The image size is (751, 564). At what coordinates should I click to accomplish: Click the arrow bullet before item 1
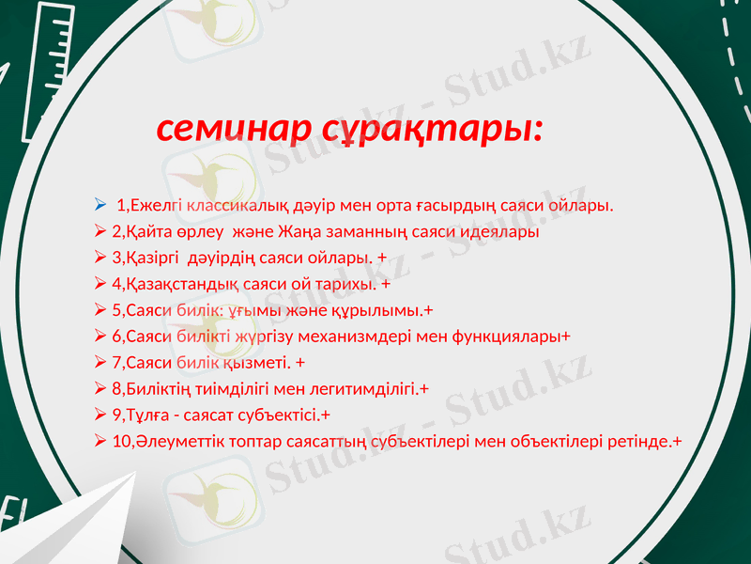tap(100, 205)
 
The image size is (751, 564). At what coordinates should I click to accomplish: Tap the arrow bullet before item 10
tap(100, 441)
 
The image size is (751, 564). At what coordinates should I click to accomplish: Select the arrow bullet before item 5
tap(100, 309)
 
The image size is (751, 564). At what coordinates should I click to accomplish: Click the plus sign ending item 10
tap(677, 441)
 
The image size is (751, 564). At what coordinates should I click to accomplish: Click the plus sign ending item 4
tap(386, 283)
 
